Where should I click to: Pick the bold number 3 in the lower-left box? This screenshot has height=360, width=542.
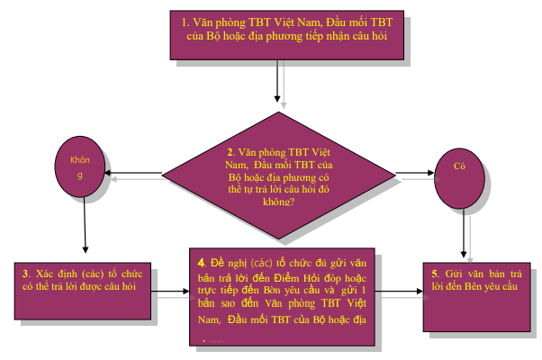[x=26, y=272]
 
